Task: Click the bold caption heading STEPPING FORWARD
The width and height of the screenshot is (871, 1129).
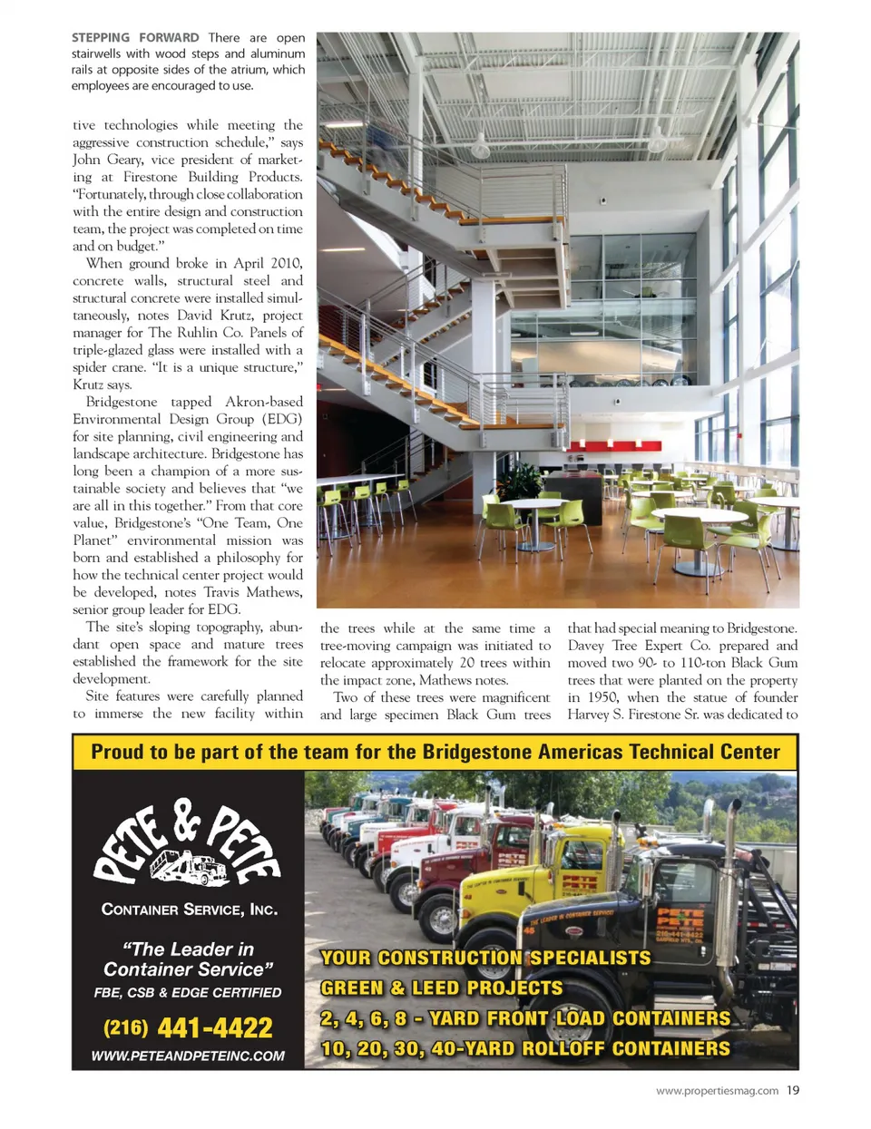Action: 135,38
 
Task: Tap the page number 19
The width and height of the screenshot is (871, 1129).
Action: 793,1090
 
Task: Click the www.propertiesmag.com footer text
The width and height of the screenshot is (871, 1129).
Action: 717,1091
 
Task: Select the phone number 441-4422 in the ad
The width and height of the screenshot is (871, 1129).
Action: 214,1027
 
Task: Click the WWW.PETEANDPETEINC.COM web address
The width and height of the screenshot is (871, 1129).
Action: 188,1056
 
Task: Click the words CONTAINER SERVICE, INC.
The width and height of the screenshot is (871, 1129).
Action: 189,910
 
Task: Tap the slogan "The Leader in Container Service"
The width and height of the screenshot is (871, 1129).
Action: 188,959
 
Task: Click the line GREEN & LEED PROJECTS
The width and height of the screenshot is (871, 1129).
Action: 441,988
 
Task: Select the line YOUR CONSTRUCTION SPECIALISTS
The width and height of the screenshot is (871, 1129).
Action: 485,958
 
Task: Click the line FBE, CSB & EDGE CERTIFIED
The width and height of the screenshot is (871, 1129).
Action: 188,992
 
